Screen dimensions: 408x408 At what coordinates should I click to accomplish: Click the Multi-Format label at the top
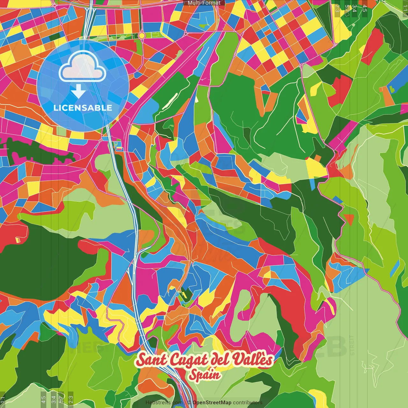tap(204, 3)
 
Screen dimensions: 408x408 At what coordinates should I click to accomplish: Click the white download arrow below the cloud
tap(78, 91)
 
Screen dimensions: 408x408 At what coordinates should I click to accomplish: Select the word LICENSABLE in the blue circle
tap(83, 108)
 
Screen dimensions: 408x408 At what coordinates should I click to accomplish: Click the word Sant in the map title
tap(151, 360)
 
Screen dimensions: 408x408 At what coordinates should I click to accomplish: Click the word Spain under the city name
tap(204, 375)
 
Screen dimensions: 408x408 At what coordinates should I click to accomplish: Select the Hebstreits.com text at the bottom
tap(164, 403)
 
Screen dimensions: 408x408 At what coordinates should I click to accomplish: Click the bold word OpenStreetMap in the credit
tap(212, 403)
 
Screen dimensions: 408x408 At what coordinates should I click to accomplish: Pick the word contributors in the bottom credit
tap(248, 403)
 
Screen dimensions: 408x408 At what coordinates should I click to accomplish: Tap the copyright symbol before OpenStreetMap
tap(189, 403)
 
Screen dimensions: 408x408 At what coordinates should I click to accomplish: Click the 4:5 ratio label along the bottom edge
tap(43, 399)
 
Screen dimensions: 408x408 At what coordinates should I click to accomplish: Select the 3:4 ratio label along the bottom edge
tap(54, 399)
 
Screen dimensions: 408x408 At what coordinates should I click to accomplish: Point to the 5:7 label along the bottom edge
tap(61, 399)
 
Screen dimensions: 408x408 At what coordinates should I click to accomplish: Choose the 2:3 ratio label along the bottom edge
tap(70, 399)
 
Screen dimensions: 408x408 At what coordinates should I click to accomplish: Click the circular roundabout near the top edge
tap(142, 35)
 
